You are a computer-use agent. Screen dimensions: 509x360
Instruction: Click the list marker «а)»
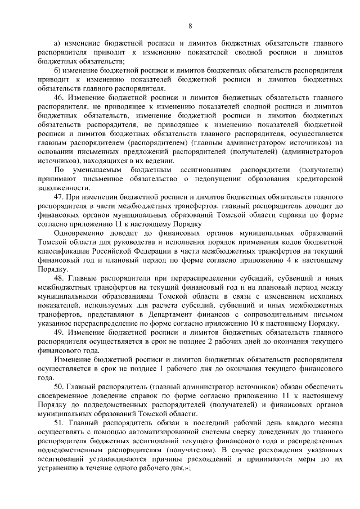57,43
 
